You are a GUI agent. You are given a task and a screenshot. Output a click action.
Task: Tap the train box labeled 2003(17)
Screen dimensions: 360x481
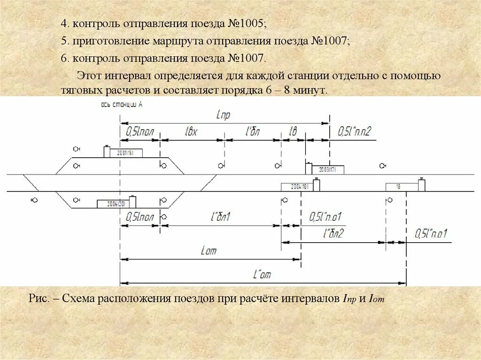point(327,170)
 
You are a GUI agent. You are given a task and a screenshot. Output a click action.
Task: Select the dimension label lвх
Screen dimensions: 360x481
point(191,132)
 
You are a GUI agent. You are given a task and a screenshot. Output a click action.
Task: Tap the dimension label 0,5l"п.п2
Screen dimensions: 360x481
point(354,132)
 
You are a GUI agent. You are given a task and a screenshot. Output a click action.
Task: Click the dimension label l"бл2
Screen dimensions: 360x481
point(334,233)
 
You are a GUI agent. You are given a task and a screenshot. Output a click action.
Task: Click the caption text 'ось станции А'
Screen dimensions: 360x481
point(122,105)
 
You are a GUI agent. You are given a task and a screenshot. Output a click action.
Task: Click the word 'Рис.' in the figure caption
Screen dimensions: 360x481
point(39,298)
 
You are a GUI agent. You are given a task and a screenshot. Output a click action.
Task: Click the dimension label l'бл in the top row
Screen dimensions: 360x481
point(253,132)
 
